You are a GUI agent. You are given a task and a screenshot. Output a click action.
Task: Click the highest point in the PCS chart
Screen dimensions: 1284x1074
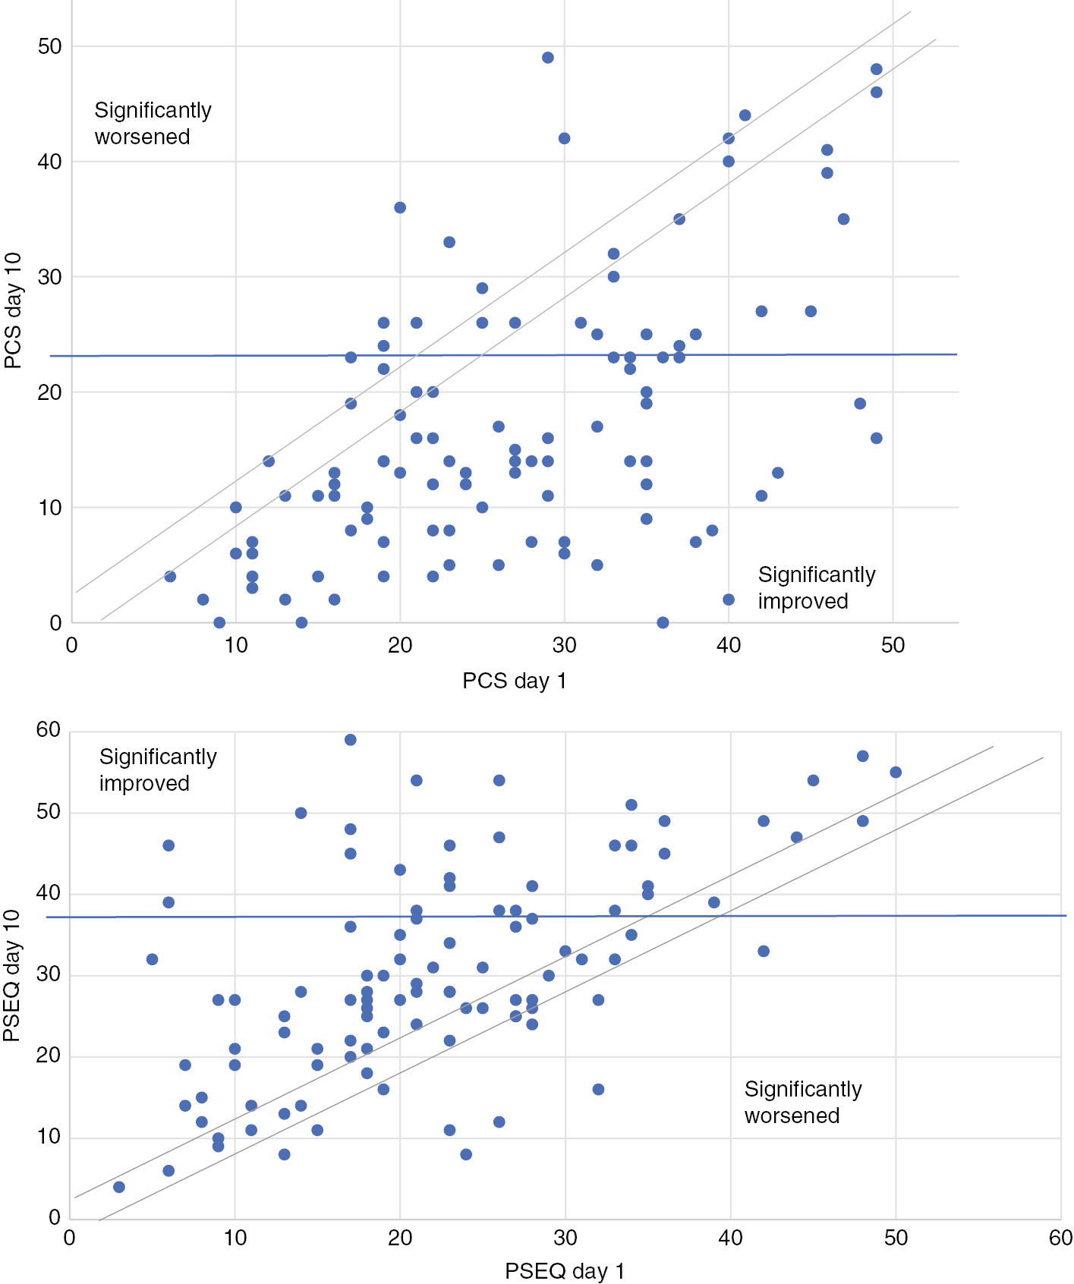click(x=548, y=58)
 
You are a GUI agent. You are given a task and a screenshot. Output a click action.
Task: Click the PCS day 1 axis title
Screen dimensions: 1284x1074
click(x=515, y=681)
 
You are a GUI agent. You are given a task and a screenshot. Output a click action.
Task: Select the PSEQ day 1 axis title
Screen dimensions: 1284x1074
click(x=565, y=1271)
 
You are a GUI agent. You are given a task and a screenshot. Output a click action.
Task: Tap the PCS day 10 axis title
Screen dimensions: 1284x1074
click(x=13, y=311)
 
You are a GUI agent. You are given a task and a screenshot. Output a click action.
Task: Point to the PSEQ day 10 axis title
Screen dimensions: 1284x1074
click(x=11, y=975)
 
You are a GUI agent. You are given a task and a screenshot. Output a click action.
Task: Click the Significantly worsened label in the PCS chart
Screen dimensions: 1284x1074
click(x=153, y=124)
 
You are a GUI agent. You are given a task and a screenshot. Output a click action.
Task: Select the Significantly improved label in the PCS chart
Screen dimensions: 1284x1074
click(x=816, y=587)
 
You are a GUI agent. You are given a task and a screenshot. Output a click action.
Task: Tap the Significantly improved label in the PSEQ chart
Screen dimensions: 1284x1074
click(x=158, y=769)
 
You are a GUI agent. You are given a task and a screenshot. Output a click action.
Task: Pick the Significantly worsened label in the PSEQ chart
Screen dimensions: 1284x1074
click(x=802, y=1102)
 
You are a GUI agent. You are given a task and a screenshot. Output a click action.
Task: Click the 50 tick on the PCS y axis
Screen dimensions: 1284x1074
click(x=49, y=47)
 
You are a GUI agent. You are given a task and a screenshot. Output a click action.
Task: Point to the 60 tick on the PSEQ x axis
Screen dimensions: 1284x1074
click(x=1060, y=1238)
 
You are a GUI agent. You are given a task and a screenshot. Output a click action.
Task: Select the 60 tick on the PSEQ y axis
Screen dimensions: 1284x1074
click(x=48, y=730)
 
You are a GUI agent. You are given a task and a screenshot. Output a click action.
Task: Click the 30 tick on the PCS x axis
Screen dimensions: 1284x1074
click(x=564, y=646)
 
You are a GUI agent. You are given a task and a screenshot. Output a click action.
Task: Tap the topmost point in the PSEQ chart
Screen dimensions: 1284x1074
click(x=351, y=740)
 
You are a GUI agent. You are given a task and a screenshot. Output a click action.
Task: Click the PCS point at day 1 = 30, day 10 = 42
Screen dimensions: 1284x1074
click(x=564, y=138)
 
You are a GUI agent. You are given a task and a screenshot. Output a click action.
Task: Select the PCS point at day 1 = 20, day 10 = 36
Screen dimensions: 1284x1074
click(x=400, y=207)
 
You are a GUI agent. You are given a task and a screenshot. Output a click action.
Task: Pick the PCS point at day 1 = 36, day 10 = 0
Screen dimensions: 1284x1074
click(x=663, y=622)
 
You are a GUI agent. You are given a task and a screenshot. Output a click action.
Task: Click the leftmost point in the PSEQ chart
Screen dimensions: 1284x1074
click(x=119, y=1187)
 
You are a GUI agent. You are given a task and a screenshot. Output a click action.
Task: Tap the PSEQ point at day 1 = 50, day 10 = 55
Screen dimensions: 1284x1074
click(x=896, y=773)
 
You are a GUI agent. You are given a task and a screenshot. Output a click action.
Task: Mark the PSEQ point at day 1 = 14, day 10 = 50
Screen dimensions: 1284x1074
click(x=301, y=813)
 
